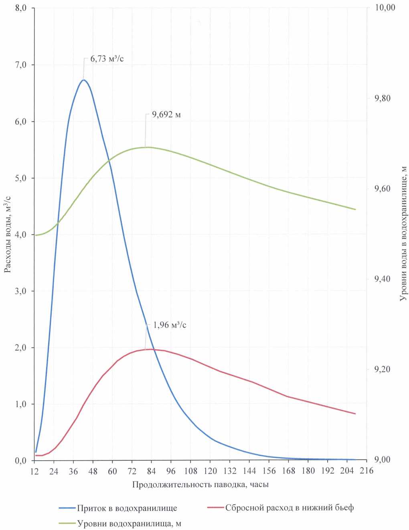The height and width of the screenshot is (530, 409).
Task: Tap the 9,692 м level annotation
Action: [166, 115]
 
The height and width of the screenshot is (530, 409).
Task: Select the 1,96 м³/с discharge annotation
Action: [170, 325]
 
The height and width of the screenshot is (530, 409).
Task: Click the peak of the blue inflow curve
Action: [83, 80]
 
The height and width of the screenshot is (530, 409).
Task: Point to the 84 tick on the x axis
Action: [151, 471]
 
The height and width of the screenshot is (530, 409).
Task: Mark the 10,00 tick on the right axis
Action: [385, 8]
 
